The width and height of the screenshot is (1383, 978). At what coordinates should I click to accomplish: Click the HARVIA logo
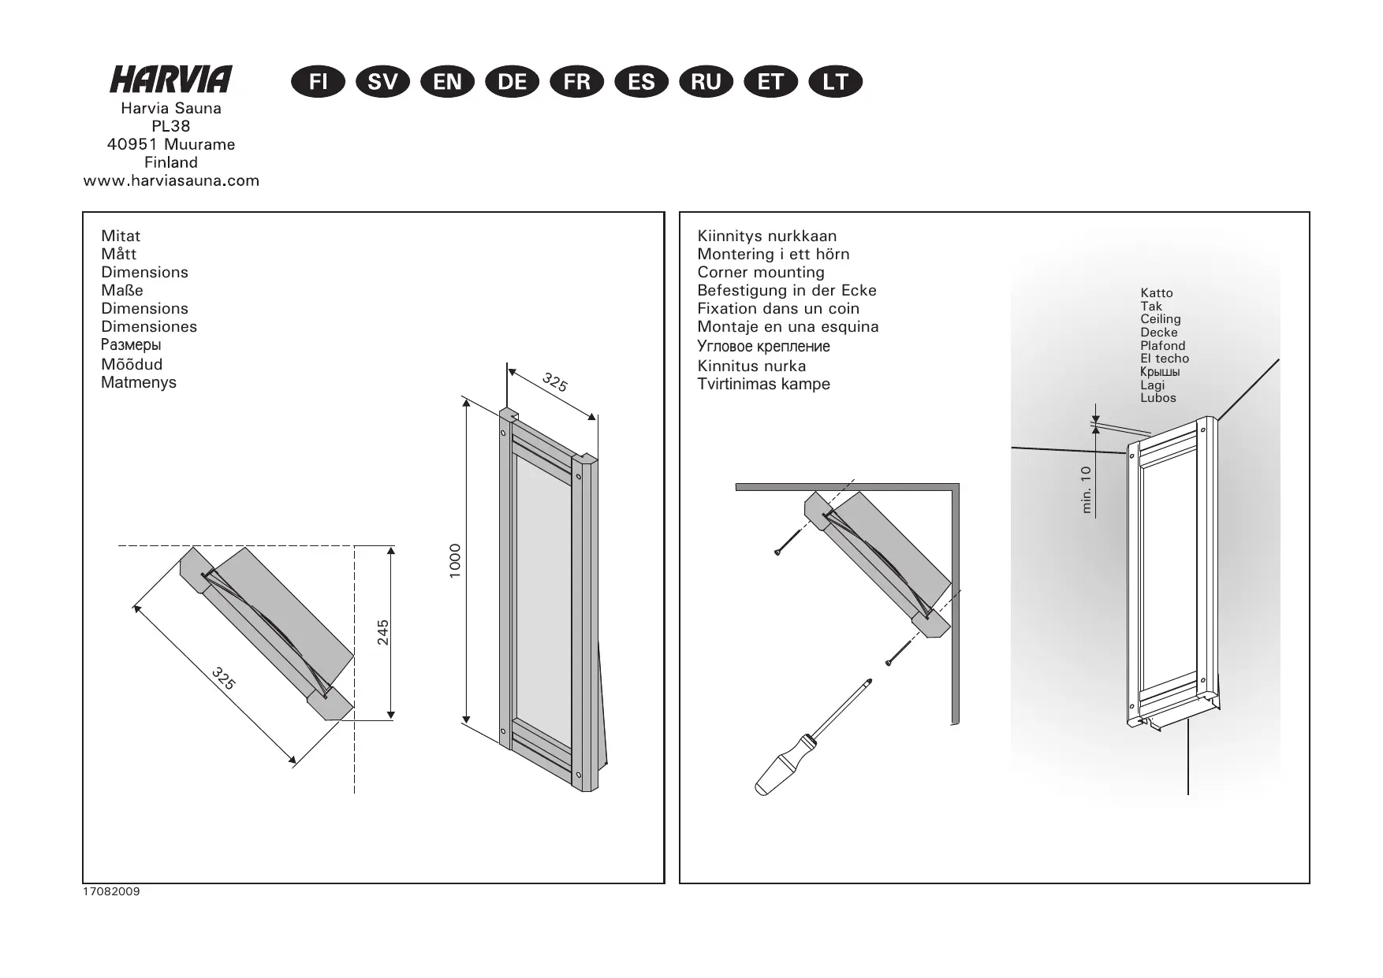pos(171,79)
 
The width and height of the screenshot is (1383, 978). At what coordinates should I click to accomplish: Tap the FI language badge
pos(318,82)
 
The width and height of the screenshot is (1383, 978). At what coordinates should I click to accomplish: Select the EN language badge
pos(448,82)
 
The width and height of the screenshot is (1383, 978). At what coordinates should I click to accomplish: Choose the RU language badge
pos(706,82)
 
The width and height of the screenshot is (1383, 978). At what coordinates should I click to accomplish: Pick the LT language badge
pos(836,82)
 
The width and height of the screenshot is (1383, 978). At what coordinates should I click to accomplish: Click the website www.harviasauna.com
pos(171,180)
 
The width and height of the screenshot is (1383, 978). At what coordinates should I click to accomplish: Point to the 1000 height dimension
pos(455,560)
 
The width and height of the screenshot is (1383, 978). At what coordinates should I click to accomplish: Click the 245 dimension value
pos(383,632)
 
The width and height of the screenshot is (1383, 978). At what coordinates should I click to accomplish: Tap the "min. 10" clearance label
pos(1087,489)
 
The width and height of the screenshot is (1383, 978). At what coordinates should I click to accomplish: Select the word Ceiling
pos(1160,319)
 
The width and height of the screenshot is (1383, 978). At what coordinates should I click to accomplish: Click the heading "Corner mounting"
pos(761,273)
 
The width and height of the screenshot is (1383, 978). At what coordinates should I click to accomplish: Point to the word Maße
pos(122,291)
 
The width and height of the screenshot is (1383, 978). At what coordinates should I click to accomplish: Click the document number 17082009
pos(111,892)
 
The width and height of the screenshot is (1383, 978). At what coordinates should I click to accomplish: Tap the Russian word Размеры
pos(131,345)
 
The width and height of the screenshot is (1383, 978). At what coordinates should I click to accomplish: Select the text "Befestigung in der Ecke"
pos(787,291)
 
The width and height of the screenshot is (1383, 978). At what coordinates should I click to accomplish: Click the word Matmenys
pos(139,383)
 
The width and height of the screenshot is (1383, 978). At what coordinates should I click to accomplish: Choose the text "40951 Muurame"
pos(171,144)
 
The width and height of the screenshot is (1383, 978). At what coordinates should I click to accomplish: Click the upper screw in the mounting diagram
pos(788,542)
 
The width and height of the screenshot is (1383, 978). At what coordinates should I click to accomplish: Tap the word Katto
pos(1156,293)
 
